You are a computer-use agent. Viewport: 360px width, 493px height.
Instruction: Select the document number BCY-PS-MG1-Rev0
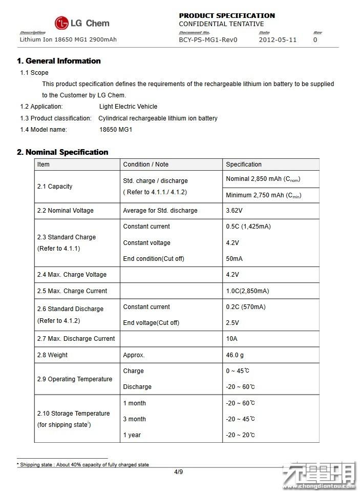pyautogui.click(x=208, y=39)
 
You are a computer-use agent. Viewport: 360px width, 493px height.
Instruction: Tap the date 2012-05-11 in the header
pyautogui.click(x=278, y=39)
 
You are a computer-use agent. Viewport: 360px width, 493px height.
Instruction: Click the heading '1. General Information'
pyautogui.click(x=59, y=61)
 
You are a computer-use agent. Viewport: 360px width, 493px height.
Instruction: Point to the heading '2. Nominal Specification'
pyautogui.click(x=62, y=152)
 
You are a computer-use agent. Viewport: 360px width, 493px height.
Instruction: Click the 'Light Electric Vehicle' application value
pyautogui.click(x=128, y=107)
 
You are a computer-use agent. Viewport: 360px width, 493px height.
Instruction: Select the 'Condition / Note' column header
pyautogui.click(x=145, y=165)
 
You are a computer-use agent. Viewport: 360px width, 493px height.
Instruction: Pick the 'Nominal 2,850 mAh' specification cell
pyautogui.click(x=263, y=179)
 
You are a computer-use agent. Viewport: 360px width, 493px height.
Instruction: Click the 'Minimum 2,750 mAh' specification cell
pyautogui.click(x=263, y=195)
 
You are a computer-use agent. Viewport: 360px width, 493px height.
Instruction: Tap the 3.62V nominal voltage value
pyautogui.click(x=234, y=211)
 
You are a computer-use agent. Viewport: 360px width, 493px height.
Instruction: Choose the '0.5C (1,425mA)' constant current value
pyautogui.click(x=248, y=227)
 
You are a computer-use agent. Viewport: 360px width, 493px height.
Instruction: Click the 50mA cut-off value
pyautogui.click(x=234, y=259)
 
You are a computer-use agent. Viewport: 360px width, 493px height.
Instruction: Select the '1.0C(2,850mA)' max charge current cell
pyautogui.click(x=247, y=291)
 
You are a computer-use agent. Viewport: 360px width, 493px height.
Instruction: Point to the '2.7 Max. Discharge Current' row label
pyautogui.click(x=76, y=339)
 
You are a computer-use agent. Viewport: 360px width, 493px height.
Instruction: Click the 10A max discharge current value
pyautogui.click(x=231, y=339)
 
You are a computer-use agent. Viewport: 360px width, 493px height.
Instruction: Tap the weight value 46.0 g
pyautogui.click(x=235, y=355)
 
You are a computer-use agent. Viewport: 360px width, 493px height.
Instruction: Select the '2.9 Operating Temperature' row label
pyautogui.click(x=75, y=379)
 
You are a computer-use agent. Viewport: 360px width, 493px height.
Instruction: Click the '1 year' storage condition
pyautogui.click(x=132, y=435)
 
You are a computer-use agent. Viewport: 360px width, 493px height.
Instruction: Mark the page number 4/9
pyautogui.click(x=178, y=472)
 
